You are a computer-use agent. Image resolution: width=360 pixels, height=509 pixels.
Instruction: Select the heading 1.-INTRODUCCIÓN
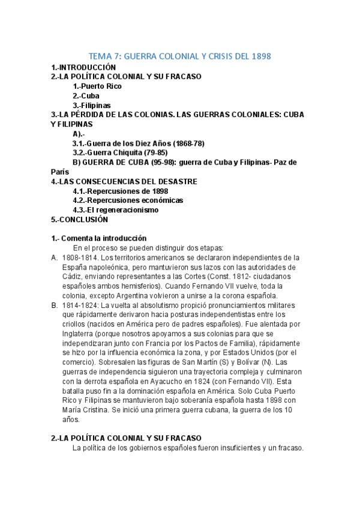[83, 68]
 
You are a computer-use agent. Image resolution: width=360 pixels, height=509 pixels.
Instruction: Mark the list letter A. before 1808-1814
[55, 258]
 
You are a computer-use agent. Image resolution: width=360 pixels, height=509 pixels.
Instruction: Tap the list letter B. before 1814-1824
[55, 305]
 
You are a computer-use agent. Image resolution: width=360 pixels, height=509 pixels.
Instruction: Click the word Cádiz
[73, 277]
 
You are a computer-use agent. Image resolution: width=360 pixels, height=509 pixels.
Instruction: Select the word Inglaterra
[82, 334]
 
